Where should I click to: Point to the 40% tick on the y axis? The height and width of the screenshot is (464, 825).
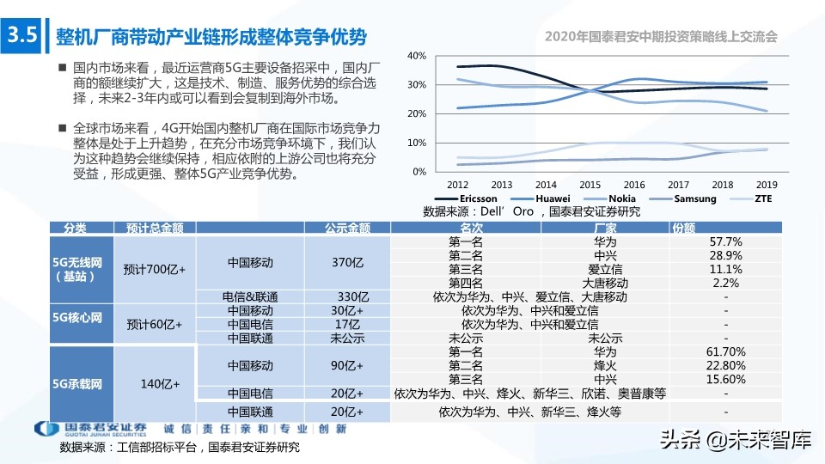tap(416, 56)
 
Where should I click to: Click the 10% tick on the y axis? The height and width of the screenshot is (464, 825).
tap(416, 143)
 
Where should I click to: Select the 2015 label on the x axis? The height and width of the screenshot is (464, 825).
tap(590, 185)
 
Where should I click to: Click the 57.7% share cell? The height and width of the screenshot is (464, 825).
tap(725, 242)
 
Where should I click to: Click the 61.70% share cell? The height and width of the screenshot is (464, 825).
tap(725, 352)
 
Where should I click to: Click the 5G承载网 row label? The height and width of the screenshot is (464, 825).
tap(78, 384)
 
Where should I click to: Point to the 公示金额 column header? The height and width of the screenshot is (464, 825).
tap(347, 228)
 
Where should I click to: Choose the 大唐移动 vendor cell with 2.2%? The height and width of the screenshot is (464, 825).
tap(605, 283)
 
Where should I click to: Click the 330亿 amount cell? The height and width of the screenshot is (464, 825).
tap(347, 296)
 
